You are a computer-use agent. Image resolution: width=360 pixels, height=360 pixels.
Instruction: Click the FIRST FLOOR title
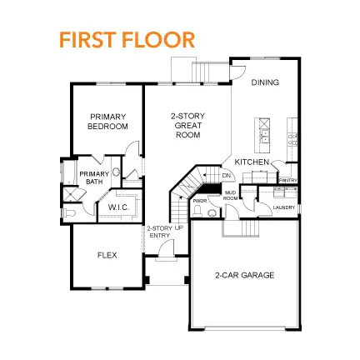tap(127, 39)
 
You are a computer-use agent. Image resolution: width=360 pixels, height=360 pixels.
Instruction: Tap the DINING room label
tap(265, 82)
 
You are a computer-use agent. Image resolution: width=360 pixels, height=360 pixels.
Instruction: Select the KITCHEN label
tap(251, 161)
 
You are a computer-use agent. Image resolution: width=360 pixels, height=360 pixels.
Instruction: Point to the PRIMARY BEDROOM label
tap(107, 121)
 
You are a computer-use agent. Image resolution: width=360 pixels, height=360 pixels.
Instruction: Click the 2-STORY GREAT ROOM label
tap(188, 125)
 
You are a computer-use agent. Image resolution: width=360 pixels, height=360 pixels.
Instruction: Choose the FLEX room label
tap(106, 255)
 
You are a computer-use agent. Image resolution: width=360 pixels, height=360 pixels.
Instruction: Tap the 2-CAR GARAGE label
tap(243, 275)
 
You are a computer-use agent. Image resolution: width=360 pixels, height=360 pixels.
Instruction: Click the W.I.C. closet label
tap(117, 207)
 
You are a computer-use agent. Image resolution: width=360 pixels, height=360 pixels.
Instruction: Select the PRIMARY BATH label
tap(89, 177)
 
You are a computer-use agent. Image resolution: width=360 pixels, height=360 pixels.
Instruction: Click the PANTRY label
tap(288, 180)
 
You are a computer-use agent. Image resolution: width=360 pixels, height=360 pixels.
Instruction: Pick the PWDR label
tap(200, 201)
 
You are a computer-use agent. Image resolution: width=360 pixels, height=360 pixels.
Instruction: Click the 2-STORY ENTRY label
tap(158, 232)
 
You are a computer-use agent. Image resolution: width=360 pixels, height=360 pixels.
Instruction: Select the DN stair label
tap(226, 176)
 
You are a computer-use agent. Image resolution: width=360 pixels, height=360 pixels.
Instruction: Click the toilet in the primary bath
tap(71, 214)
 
